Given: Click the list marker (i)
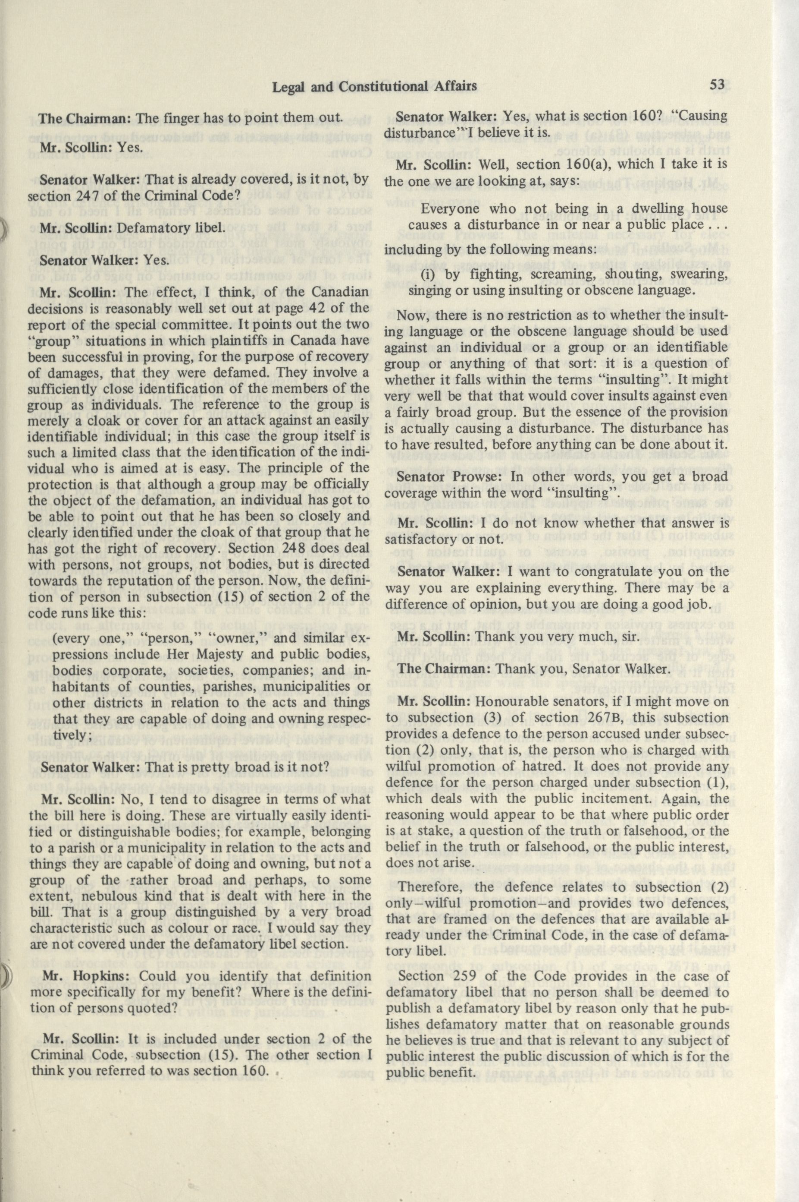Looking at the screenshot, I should (428, 275).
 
